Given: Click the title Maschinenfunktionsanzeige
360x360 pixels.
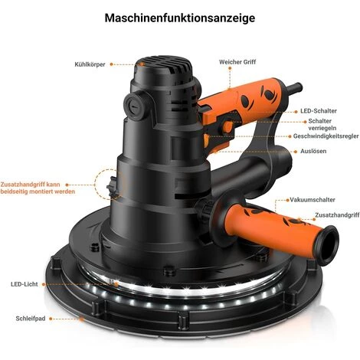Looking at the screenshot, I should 180,17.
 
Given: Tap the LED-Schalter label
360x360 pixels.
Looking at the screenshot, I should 321,111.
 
